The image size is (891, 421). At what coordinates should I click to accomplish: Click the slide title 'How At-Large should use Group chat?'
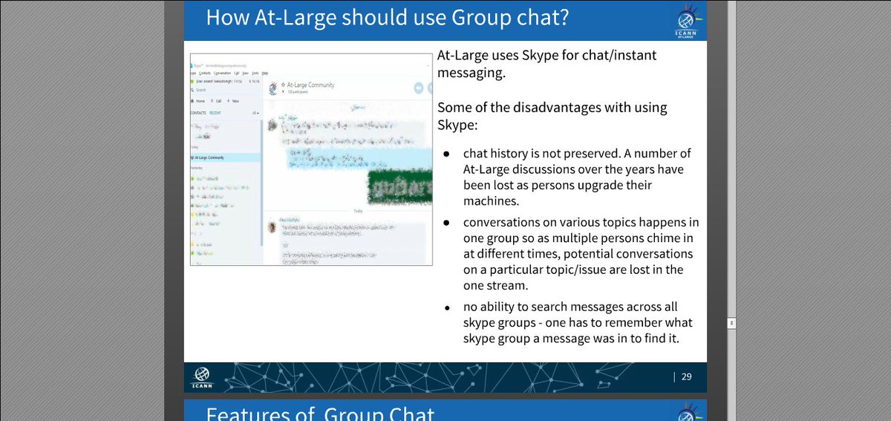tap(387, 18)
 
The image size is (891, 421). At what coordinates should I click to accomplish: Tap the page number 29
tap(686, 376)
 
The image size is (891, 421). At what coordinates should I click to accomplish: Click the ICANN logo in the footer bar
tap(202, 377)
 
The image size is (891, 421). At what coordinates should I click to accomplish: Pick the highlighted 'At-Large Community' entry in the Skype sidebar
tap(210, 157)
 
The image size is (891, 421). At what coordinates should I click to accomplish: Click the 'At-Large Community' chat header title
tap(311, 85)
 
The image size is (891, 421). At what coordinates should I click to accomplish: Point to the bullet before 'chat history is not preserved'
tap(446, 154)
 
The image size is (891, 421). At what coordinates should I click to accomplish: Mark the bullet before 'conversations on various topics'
tap(446, 223)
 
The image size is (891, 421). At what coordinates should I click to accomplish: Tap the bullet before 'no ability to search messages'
tap(446, 307)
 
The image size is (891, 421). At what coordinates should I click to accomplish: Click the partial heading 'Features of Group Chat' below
tap(319, 414)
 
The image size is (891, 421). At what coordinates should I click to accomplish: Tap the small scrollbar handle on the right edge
tap(731, 323)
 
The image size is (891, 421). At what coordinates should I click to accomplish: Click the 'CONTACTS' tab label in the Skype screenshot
tap(198, 113)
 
